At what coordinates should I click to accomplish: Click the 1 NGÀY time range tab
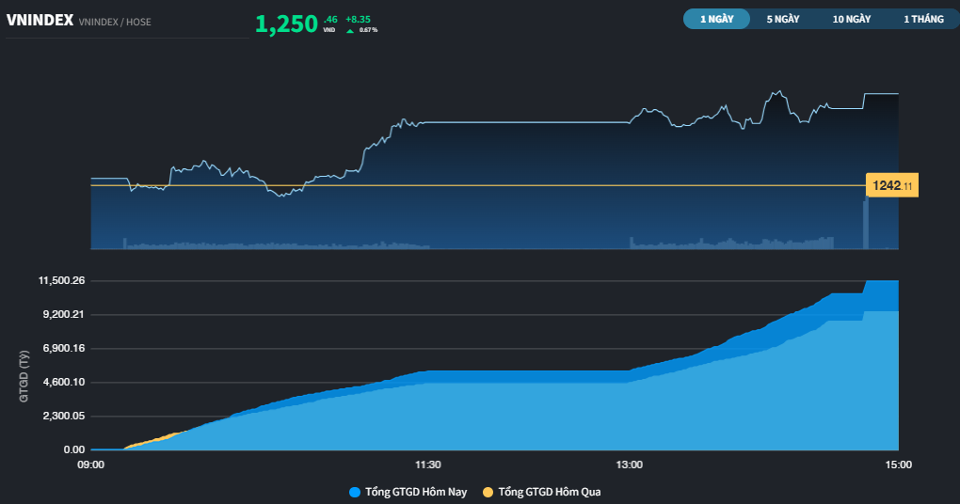[716, 19]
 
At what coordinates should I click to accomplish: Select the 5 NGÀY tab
[783, 19]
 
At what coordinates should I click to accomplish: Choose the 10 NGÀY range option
[851, 19]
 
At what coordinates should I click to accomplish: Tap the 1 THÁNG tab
[923, 19]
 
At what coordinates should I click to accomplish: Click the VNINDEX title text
[40, 20]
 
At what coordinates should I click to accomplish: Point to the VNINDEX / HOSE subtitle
[115, 22]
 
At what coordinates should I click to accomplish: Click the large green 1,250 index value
[286, 24]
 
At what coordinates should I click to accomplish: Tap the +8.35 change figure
[358, 20]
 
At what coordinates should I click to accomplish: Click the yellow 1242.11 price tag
[892, 185]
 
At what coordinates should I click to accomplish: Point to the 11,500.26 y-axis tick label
[61, 281]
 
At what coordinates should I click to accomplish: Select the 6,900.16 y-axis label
[64, 348]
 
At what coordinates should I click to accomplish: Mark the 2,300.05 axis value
[64, 416]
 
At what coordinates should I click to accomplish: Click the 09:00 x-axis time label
[90, 465]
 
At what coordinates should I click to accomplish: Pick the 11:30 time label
[428, 465]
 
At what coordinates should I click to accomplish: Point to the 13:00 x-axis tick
[630, 465]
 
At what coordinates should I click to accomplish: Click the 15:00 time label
[898, 465]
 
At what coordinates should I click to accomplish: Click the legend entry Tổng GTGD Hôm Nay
[408, 492]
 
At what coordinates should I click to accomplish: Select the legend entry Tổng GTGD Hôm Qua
[542, 492]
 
